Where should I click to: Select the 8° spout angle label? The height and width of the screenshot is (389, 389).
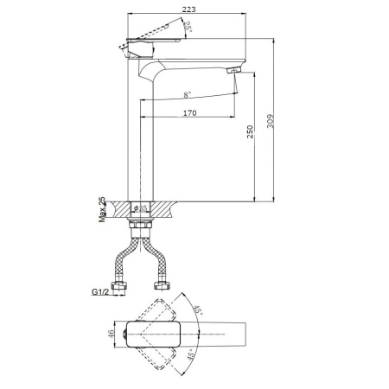click(x=188, y=93)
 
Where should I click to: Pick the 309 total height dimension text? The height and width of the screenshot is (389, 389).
click(x=269, y=120)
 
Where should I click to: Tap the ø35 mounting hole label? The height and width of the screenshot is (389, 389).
click(x=144, y=208)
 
